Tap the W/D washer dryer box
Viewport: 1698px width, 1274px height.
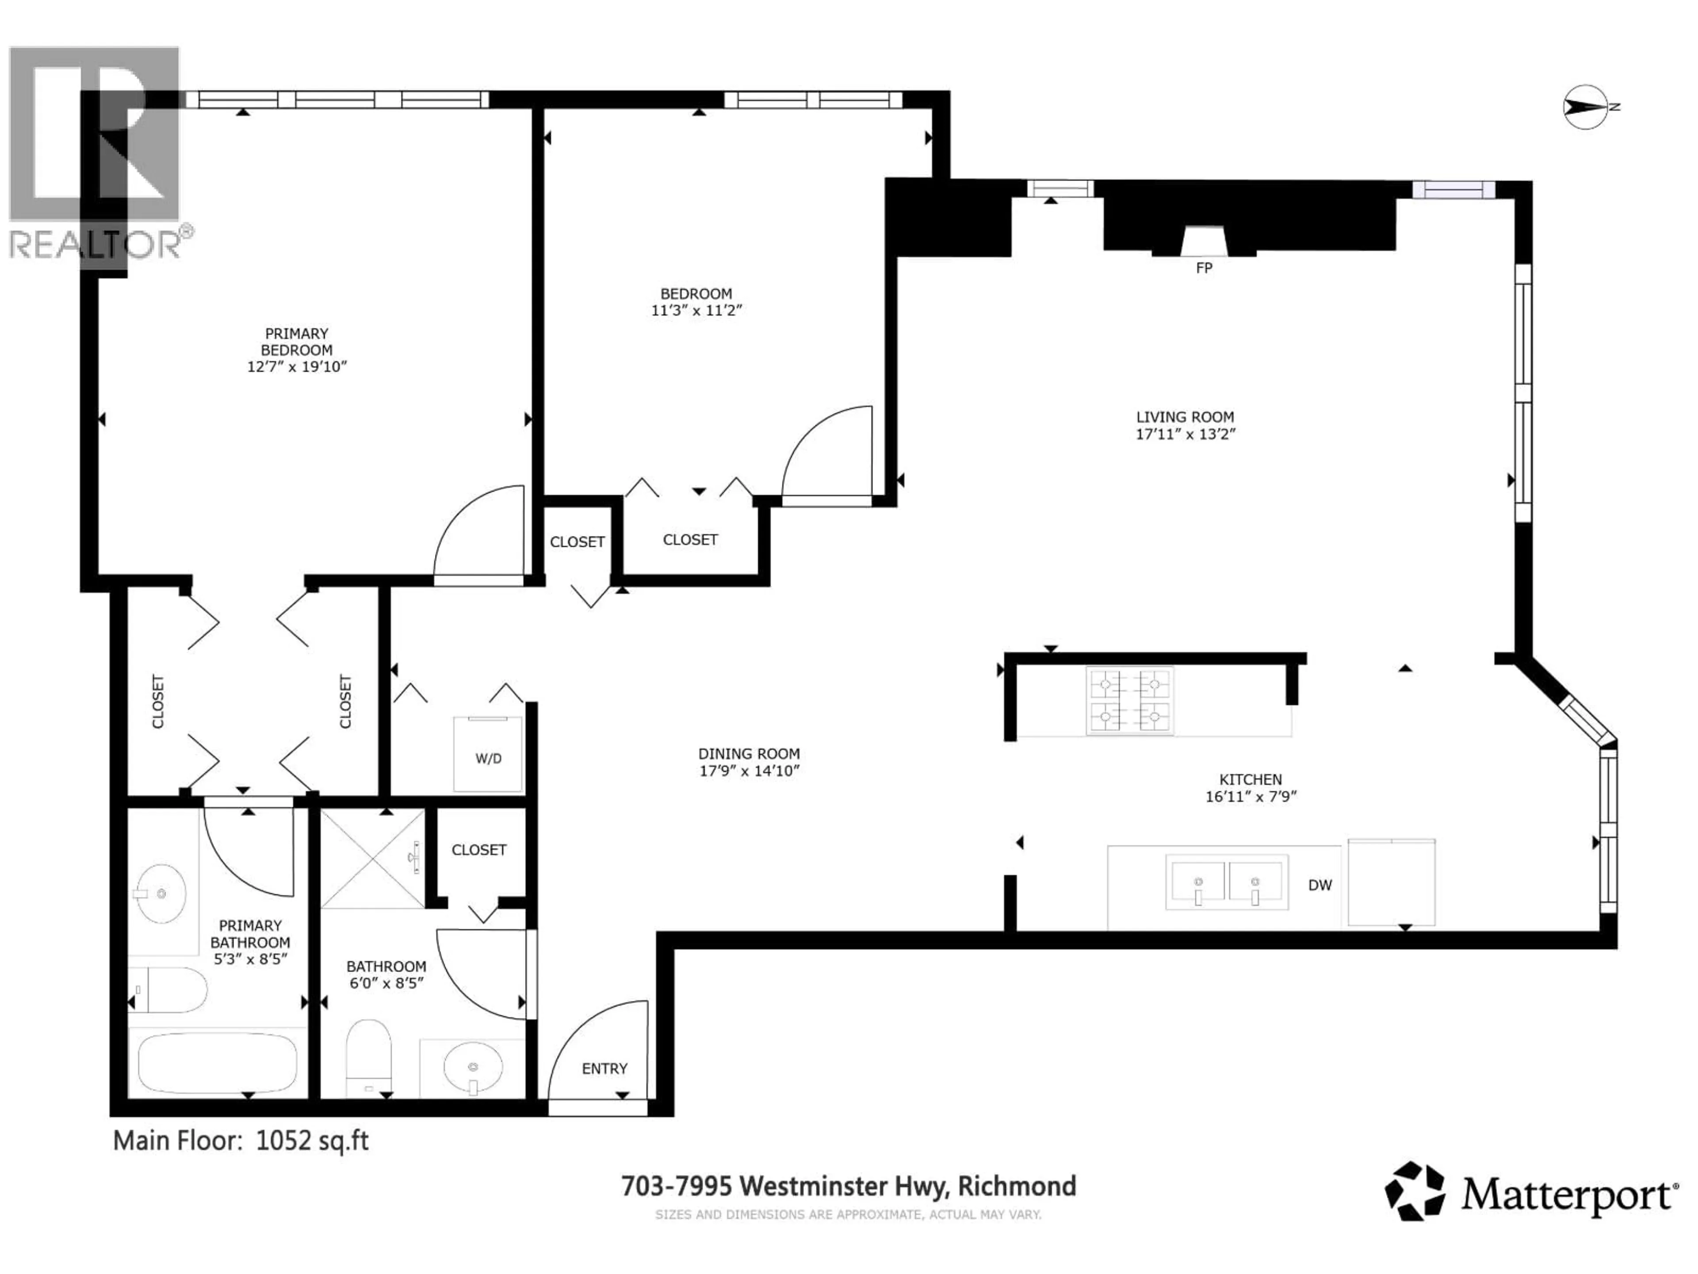click(488, 757)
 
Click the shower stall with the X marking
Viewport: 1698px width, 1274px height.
click(371, 859)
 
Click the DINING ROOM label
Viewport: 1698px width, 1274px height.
click(749, 754)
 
